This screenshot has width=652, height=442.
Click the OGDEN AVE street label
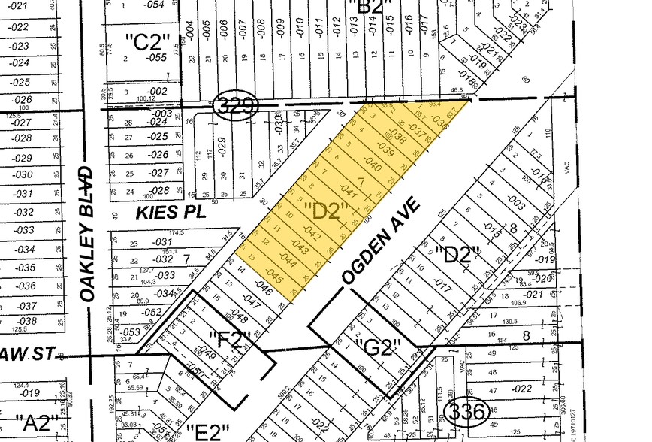click(x=380, y=241)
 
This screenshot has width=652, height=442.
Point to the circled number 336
click(x=468, y=411)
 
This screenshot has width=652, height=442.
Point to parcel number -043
click(x=300, y=247)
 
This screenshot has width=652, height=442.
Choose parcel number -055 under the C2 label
click(x=156, y=57)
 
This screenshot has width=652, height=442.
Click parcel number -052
click(x=152, y=312)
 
